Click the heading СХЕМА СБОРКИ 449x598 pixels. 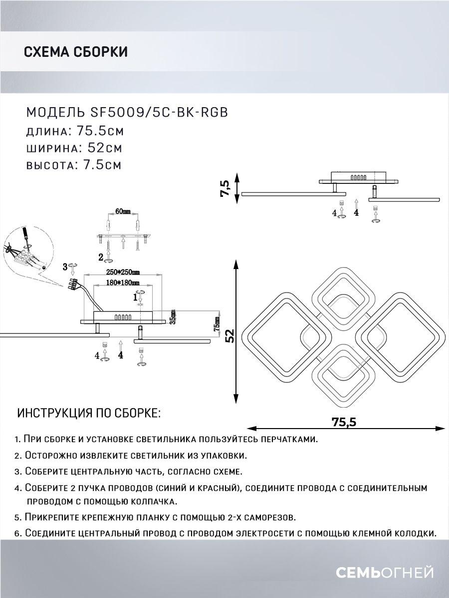tap(75, 52)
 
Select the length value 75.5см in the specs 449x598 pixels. tap(100, 132)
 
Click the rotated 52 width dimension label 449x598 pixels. tap(229, 336)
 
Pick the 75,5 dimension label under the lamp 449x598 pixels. tap(344, 422)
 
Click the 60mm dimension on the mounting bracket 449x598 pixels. tap(123, 211)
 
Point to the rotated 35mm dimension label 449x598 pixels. tap(172, 316)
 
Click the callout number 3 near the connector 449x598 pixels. tap(65, 267)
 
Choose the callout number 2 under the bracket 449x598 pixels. tap(101, 257)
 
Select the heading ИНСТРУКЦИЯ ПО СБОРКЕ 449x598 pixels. tap(89, 413)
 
